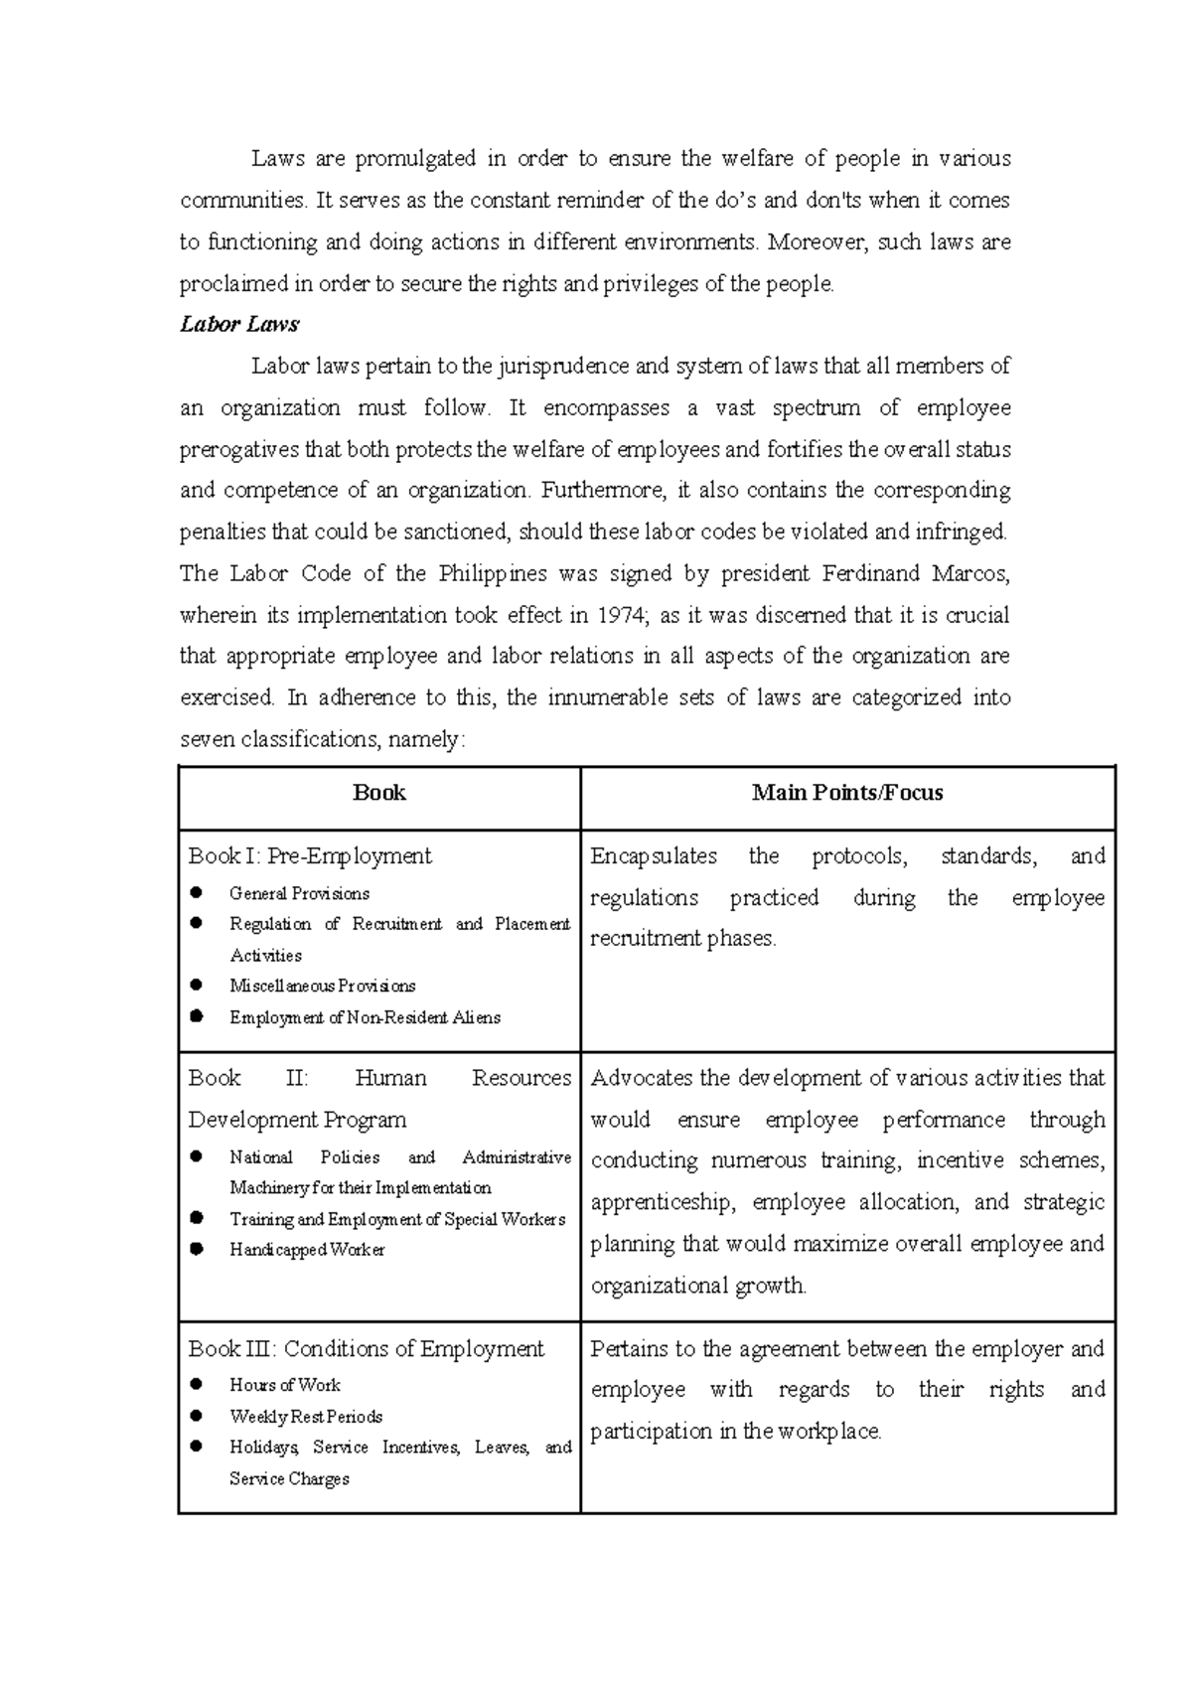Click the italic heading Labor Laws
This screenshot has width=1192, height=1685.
click(238, 325)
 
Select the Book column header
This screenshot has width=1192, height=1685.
click(378, 793)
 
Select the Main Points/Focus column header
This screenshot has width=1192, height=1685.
click(847, 793)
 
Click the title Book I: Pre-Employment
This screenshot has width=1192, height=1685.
click(310, 856)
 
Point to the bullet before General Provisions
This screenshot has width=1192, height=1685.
click(197, 893)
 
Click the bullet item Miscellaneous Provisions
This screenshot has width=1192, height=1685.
click(322, 987)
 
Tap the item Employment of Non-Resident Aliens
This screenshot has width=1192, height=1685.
click(365, 1017)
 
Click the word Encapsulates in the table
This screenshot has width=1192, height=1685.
click(654, 856)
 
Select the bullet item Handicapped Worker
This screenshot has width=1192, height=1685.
click(307, 1250)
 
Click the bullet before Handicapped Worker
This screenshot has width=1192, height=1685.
click(197, 1249)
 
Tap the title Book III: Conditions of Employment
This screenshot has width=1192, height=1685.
click(367, 1349)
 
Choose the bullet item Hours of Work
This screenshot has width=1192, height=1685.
click(284, 1385)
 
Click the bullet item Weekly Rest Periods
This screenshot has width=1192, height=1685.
click(306, 1417)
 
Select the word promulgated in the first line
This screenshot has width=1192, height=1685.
click(414, 159)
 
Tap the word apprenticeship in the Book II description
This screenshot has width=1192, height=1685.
click(663, 1202)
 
